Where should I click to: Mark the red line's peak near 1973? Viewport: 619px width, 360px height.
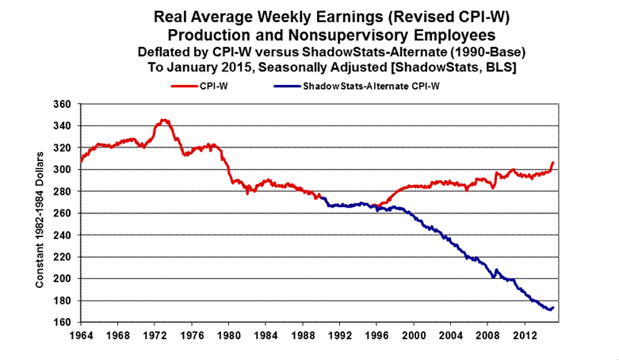(163, 120)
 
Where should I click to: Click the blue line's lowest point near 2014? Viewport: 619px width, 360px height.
(547, 309)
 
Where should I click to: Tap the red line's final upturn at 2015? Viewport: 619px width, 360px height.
(553, 163)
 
